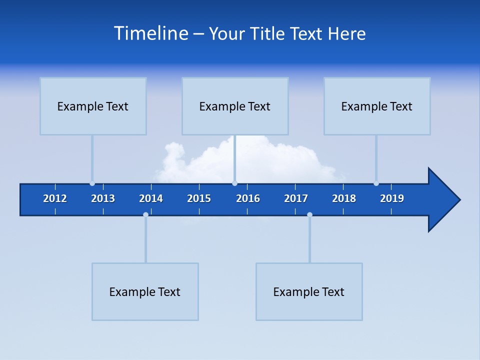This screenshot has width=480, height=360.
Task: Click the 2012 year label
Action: coord(55,198)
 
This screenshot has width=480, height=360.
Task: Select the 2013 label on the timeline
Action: coord(103,198)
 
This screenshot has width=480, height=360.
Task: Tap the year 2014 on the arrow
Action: coord(151,198)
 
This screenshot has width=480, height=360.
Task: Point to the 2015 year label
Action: coord(199,198)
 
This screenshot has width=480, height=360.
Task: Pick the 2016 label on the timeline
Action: coord(248,198)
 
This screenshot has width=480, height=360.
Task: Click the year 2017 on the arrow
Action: coord(296,198)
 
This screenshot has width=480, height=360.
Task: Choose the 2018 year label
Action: coord(344,198)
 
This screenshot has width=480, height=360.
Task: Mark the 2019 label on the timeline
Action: coord(392,198)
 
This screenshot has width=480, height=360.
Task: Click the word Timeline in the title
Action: coord(150,33)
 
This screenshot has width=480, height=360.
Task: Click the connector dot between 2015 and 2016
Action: coord(234,183)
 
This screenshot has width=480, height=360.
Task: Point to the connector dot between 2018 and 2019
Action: coord(376,183)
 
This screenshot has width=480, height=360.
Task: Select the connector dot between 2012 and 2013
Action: coord(92,183)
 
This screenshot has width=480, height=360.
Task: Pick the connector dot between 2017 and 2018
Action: coord(309,214)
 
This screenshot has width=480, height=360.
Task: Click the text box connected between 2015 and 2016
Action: coord(235,106)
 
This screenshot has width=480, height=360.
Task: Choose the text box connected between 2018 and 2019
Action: coord(377,106)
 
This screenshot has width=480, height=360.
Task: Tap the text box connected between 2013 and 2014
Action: coord(145,291)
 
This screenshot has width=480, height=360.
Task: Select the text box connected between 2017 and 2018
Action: coord(309,291)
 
